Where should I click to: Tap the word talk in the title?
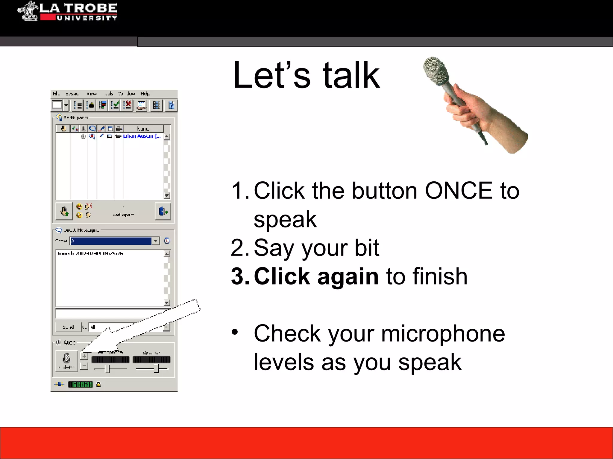coord(351,75)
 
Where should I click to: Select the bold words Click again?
coord(316,277)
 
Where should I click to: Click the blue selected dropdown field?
coord(111,241)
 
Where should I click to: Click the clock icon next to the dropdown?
coord(167,241)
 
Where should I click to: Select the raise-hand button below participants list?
coord(64,212)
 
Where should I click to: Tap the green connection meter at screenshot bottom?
coord(80,385)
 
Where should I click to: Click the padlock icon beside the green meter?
coord(99,385)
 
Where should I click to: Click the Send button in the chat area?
coord(68,327)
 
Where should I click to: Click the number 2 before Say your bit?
coord(238,248)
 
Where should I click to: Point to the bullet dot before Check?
coord(235,332)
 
